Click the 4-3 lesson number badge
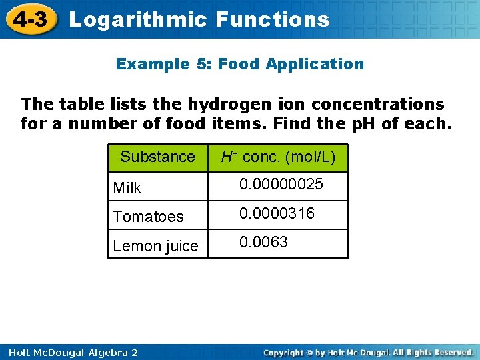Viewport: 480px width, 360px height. [x=29, y=19]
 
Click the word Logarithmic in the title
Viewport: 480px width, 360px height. [x=138, y=19]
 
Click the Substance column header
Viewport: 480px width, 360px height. [x=157, y=157]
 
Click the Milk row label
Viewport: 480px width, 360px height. [x=127, y=188]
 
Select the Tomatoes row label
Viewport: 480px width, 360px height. [x=148, y=217]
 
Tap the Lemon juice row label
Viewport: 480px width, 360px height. [x=156, y=246]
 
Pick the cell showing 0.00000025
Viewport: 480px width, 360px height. [x=281, y=184]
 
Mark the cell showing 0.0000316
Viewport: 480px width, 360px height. [x=277, y=213]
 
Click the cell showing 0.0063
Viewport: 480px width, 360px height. [x=264, y=242]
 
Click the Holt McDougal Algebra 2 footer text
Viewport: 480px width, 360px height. [x=69, y=352]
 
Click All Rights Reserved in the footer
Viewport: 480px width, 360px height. [x=433, y=351]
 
